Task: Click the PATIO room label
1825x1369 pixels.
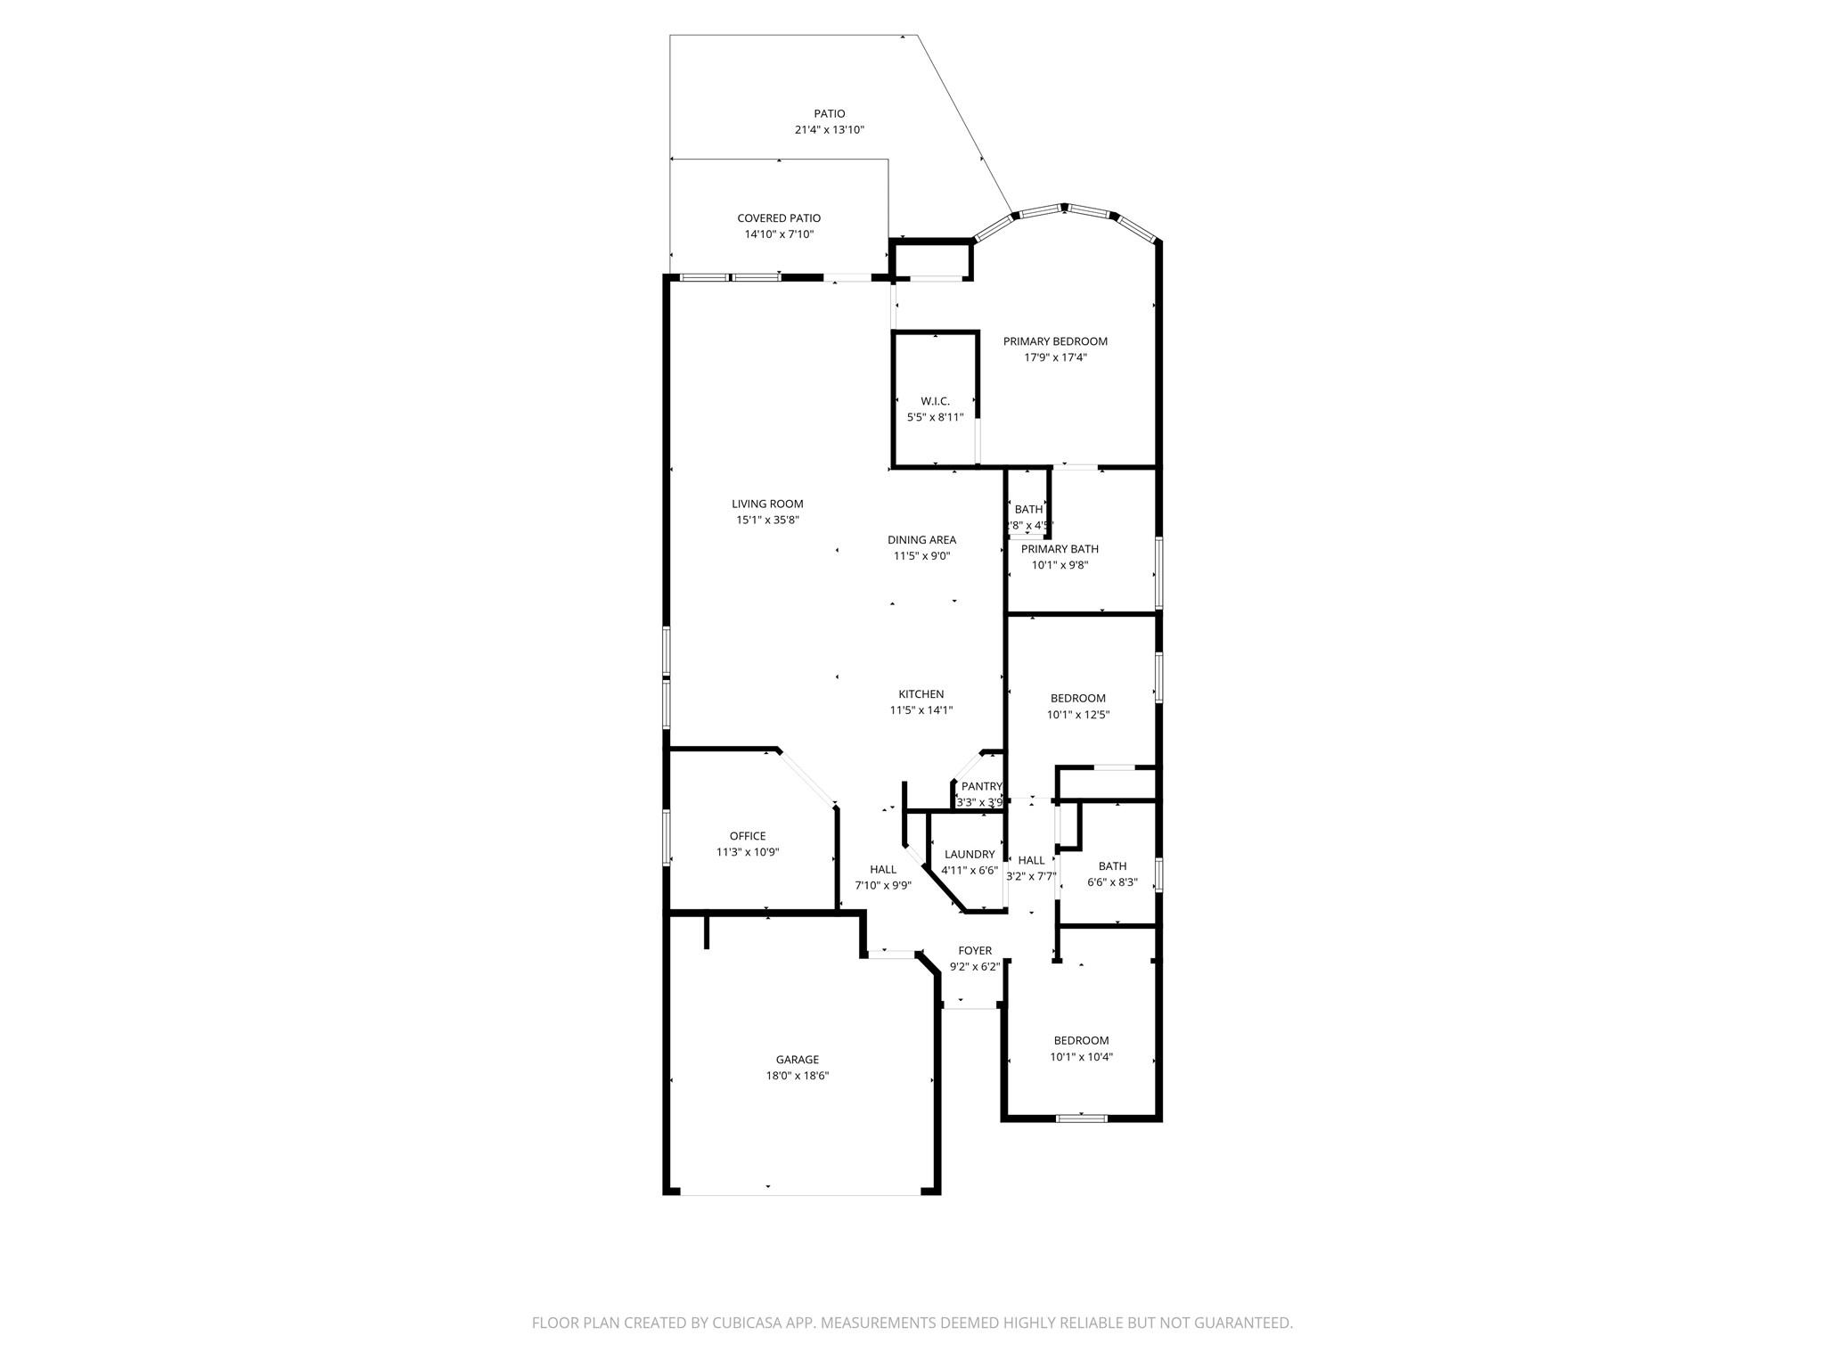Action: [x=829, y=114]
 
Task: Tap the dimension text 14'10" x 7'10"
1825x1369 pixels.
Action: [x=779, y=234]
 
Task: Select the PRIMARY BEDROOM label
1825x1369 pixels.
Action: [x=1055, y=341]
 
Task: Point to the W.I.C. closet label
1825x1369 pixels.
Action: [x=935, y=401]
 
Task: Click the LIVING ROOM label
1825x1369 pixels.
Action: [x=767, y=504]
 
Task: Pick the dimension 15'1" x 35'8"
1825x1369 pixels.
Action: [x=767, y=520]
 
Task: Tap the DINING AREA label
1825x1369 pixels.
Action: [x=921, y=539]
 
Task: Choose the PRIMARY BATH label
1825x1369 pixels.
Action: [x=1060, y=549]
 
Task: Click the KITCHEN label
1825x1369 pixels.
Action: [x=921, y=694]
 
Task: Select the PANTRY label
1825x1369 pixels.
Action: [x=981, y=786]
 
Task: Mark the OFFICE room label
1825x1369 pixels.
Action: [x=747, y=836]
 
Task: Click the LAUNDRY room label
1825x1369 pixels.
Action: [x=969, y=854]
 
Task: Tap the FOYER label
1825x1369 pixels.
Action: [x=975, y=951]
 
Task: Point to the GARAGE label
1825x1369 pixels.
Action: [x=797, y=1060]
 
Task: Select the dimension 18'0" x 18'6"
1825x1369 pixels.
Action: [x=797, y=1076]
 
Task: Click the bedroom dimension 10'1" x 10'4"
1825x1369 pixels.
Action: [x=1081, y=1057]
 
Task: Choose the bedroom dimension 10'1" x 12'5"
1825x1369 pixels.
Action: [x=1077, y=715]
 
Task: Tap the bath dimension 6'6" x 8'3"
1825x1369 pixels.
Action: [x=1112, y=882]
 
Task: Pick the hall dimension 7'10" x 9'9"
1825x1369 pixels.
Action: [x=882, y=886]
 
